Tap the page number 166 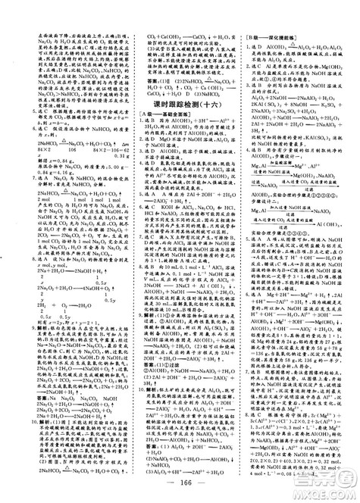[x=180, y=486]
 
